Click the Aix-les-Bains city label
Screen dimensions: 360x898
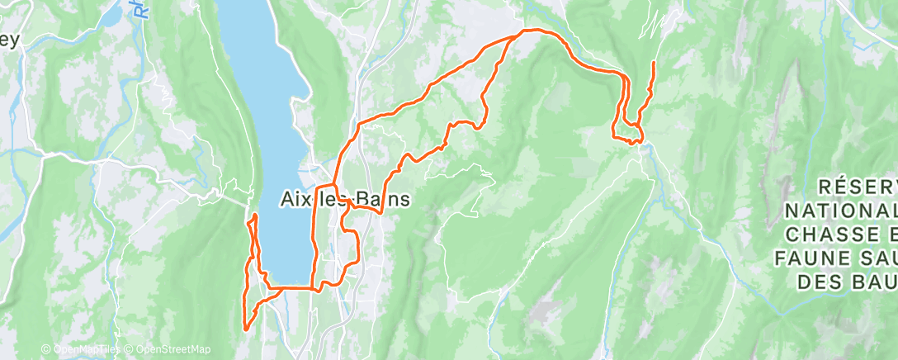(342, 200)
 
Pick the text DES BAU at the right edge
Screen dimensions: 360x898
(848, 282)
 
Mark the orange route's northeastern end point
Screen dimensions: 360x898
(653, 63)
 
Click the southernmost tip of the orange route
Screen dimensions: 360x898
(246, 329)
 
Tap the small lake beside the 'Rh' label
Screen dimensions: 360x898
(111, 19)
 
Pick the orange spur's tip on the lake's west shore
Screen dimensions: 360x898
(255, 216)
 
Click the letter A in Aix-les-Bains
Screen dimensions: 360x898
(283, 200)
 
